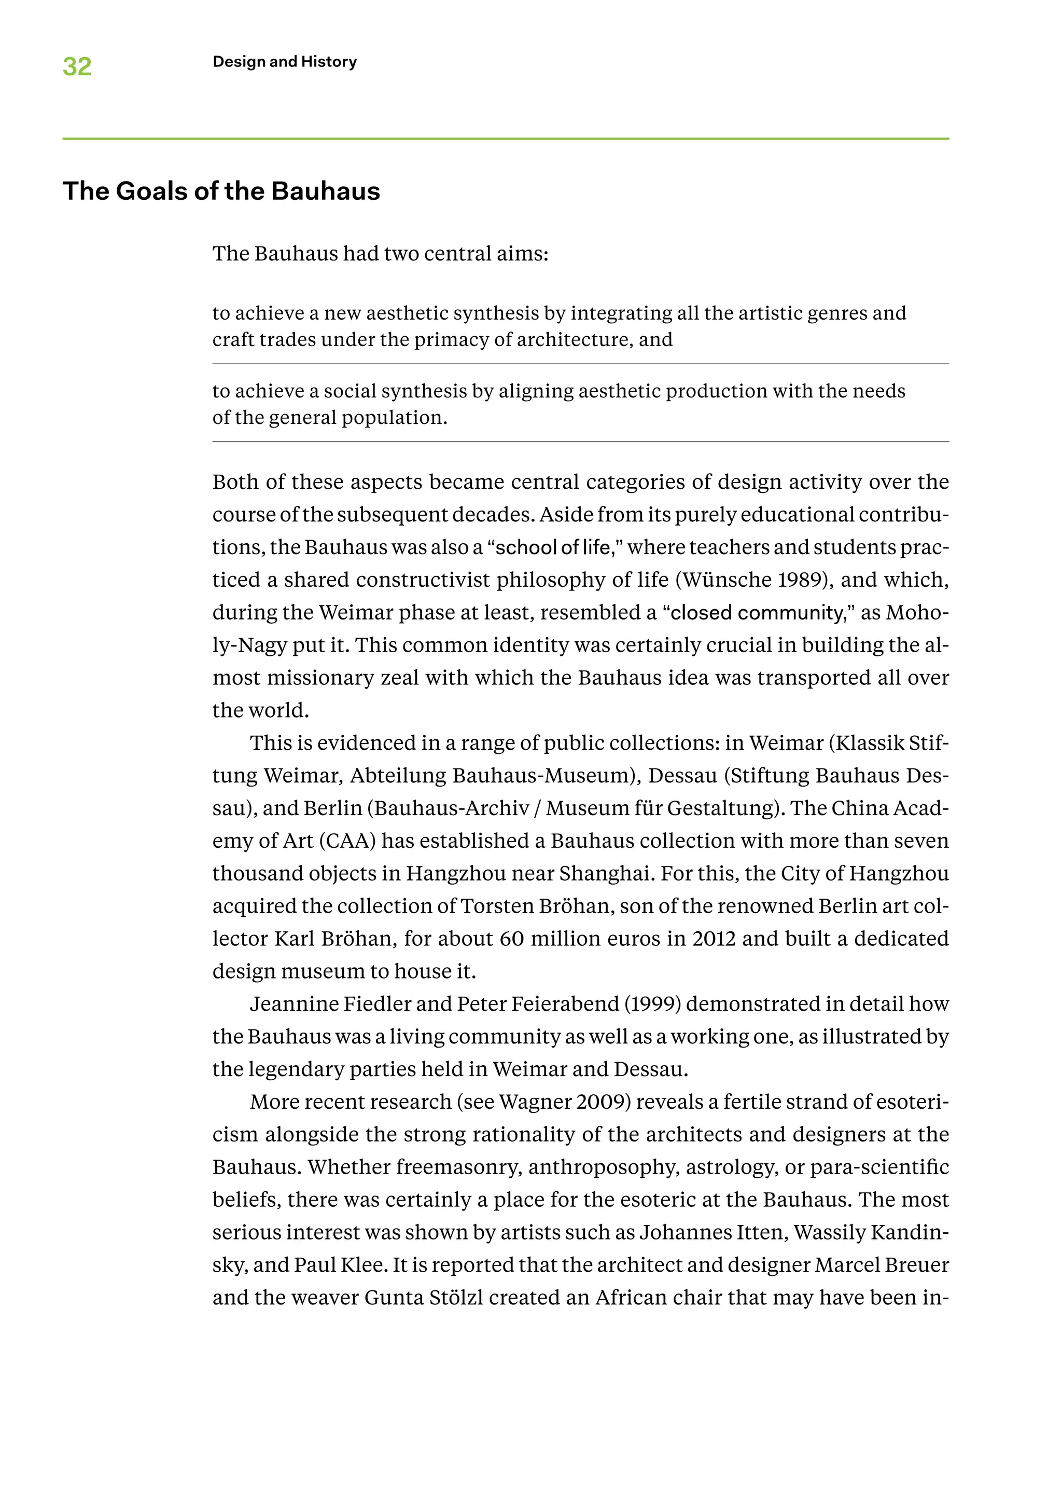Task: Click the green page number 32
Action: tap(77, 66)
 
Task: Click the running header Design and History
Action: tap(285, 62)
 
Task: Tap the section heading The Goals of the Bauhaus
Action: tap(221, 191)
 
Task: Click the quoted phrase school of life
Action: tap(553, 547)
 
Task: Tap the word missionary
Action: tap(320, 678)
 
